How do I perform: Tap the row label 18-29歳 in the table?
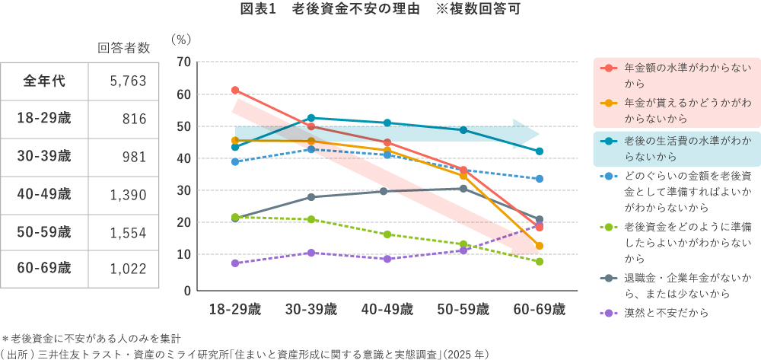tap(43, 119)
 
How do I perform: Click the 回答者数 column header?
tap(124, 48)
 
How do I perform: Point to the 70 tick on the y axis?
tap(183, 62)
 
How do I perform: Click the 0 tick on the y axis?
tap(186, 290)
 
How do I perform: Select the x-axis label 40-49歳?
tap(387, 309)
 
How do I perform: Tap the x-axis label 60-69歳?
tap(539, 309)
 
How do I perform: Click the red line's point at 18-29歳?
tap(235, 91)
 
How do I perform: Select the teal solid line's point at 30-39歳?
tap(311, 118)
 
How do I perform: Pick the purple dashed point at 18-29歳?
tap(235, 263)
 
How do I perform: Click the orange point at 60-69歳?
tap(539, 246)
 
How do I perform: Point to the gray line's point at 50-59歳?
tap(463, 188)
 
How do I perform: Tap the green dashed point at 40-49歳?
tap(387, 234)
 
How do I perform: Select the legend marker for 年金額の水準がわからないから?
tap(608, 68)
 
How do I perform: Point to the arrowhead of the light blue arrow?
tap(530, 131)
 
